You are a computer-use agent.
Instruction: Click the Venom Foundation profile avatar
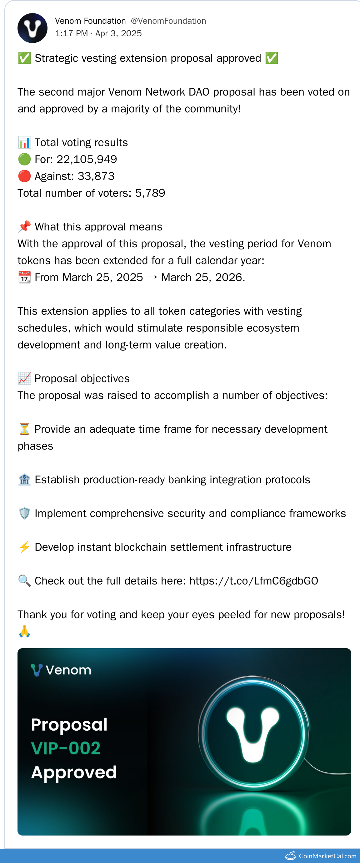coord(32,28)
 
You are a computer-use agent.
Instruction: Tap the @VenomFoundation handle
coord(168,21)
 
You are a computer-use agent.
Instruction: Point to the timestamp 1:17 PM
coord(71,33)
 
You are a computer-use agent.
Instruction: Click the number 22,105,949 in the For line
coord(87,159)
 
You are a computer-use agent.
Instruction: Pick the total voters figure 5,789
coord(150,193)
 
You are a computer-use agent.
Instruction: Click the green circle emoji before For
coord(24,159)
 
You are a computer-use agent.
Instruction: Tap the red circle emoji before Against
coord(24,176)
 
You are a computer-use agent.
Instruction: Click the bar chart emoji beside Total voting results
coord(24,142)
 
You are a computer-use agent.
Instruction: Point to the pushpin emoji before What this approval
coord(24,227)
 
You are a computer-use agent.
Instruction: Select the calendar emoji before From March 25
coord(24,277)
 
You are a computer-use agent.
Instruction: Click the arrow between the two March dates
coord(152,277)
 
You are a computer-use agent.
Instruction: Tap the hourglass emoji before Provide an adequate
coord(24,429)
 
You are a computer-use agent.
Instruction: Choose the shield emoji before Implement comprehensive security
coord(24,513)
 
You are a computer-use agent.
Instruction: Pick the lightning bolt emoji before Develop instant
coord(24,547)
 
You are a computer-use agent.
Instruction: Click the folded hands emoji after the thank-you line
coord(24,632)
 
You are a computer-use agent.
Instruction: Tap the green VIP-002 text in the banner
coord(66,748)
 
